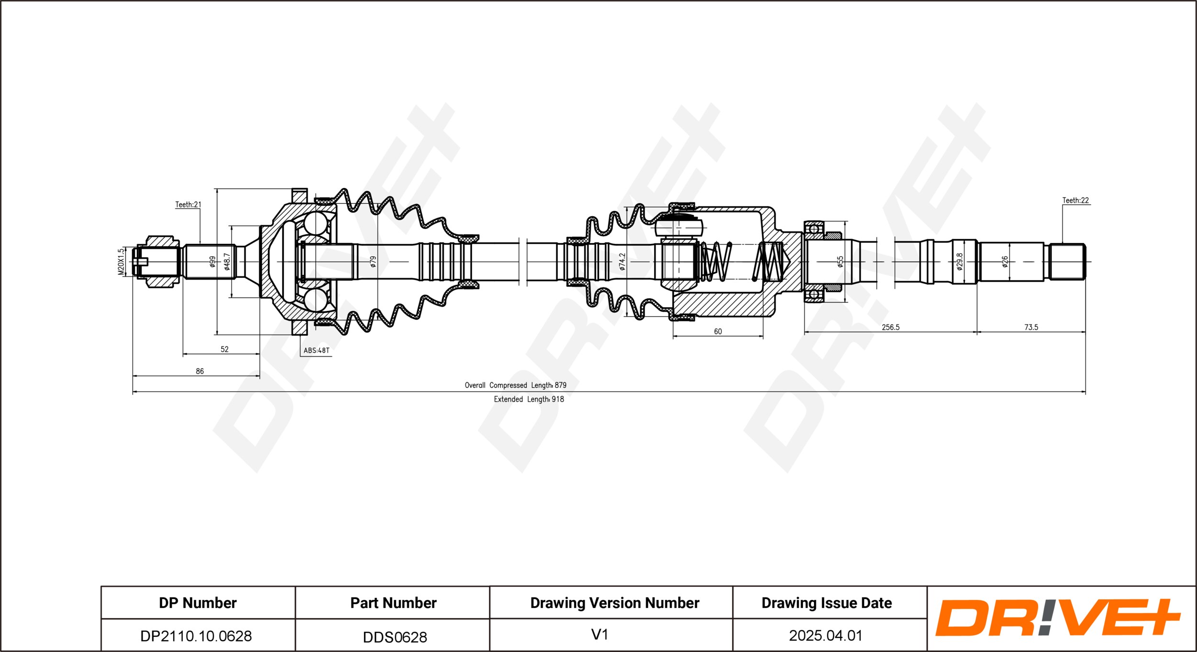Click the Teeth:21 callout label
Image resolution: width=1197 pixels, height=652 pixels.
[188, 205]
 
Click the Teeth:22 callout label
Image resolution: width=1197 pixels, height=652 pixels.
[1075, 200]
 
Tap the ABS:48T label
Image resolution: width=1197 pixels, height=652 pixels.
[316, 350]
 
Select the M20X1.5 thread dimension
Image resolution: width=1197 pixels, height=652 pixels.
[121, 261]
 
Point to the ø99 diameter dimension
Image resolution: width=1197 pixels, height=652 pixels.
[213, 261]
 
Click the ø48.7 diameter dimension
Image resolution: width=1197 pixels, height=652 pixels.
[227, 262]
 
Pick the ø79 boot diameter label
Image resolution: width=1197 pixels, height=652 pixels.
[373, 261]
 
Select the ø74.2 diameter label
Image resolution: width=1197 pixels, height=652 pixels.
[622, 262]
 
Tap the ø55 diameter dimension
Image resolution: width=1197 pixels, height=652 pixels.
[840, 261]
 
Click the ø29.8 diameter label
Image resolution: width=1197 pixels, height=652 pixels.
[960, 262]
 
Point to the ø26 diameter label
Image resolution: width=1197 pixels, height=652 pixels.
[1005, 261]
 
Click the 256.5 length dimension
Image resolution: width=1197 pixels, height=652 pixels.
[891, 327]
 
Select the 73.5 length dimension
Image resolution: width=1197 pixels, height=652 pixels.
[1031, 327]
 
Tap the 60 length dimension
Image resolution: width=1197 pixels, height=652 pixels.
[718, 332]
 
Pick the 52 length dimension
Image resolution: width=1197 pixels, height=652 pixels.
[225, 349]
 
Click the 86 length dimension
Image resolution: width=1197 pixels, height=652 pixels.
[200, 371]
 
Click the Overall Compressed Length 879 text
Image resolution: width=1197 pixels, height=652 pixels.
[516, 385]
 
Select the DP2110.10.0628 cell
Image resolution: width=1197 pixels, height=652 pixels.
[196, 636]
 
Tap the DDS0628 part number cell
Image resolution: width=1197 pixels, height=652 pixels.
[395, 637]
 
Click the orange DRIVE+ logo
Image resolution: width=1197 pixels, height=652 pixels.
[1058, 618]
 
